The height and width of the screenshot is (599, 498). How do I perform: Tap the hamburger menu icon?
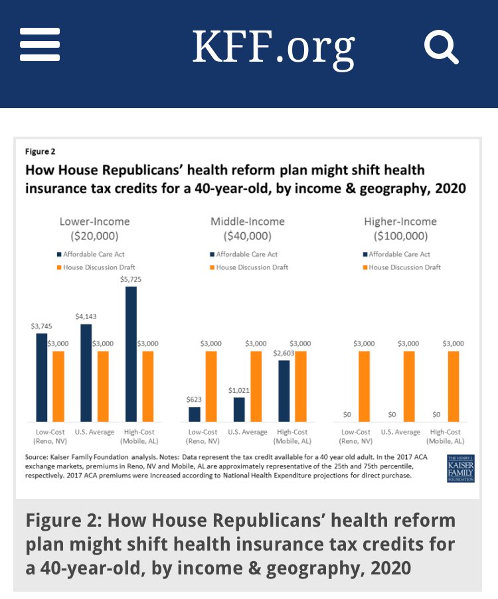[x=40, y=45]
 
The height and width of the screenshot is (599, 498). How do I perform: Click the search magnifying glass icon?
[x=441, y=46]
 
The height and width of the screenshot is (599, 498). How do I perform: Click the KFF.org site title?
[x=273, y=46]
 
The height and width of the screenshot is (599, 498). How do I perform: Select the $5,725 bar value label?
[x=131, y=279]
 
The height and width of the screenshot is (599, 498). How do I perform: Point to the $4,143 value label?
[x=86, y=317]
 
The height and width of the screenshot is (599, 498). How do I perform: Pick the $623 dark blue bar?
[x=195, y=414]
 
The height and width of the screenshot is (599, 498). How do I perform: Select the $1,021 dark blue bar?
[x=239, y=409]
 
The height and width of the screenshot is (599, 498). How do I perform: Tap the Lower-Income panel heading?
[x=95, y=228]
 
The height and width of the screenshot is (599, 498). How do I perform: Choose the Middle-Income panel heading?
[x=248, y=228]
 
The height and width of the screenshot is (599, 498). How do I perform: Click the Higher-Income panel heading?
[x=401, y=228]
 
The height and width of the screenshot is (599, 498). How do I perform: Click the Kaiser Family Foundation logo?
[x=461, y=469]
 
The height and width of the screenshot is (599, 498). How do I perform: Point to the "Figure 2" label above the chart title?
[x=40, y=151]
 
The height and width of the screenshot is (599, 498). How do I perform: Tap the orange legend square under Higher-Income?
[x=365, y=267]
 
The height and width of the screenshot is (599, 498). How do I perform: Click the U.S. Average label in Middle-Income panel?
[x=248, y=432]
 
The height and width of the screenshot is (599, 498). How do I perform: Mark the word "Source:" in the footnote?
[x=37, y=458]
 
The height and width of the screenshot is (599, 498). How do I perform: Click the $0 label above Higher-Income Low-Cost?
[x=348, y=415]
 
